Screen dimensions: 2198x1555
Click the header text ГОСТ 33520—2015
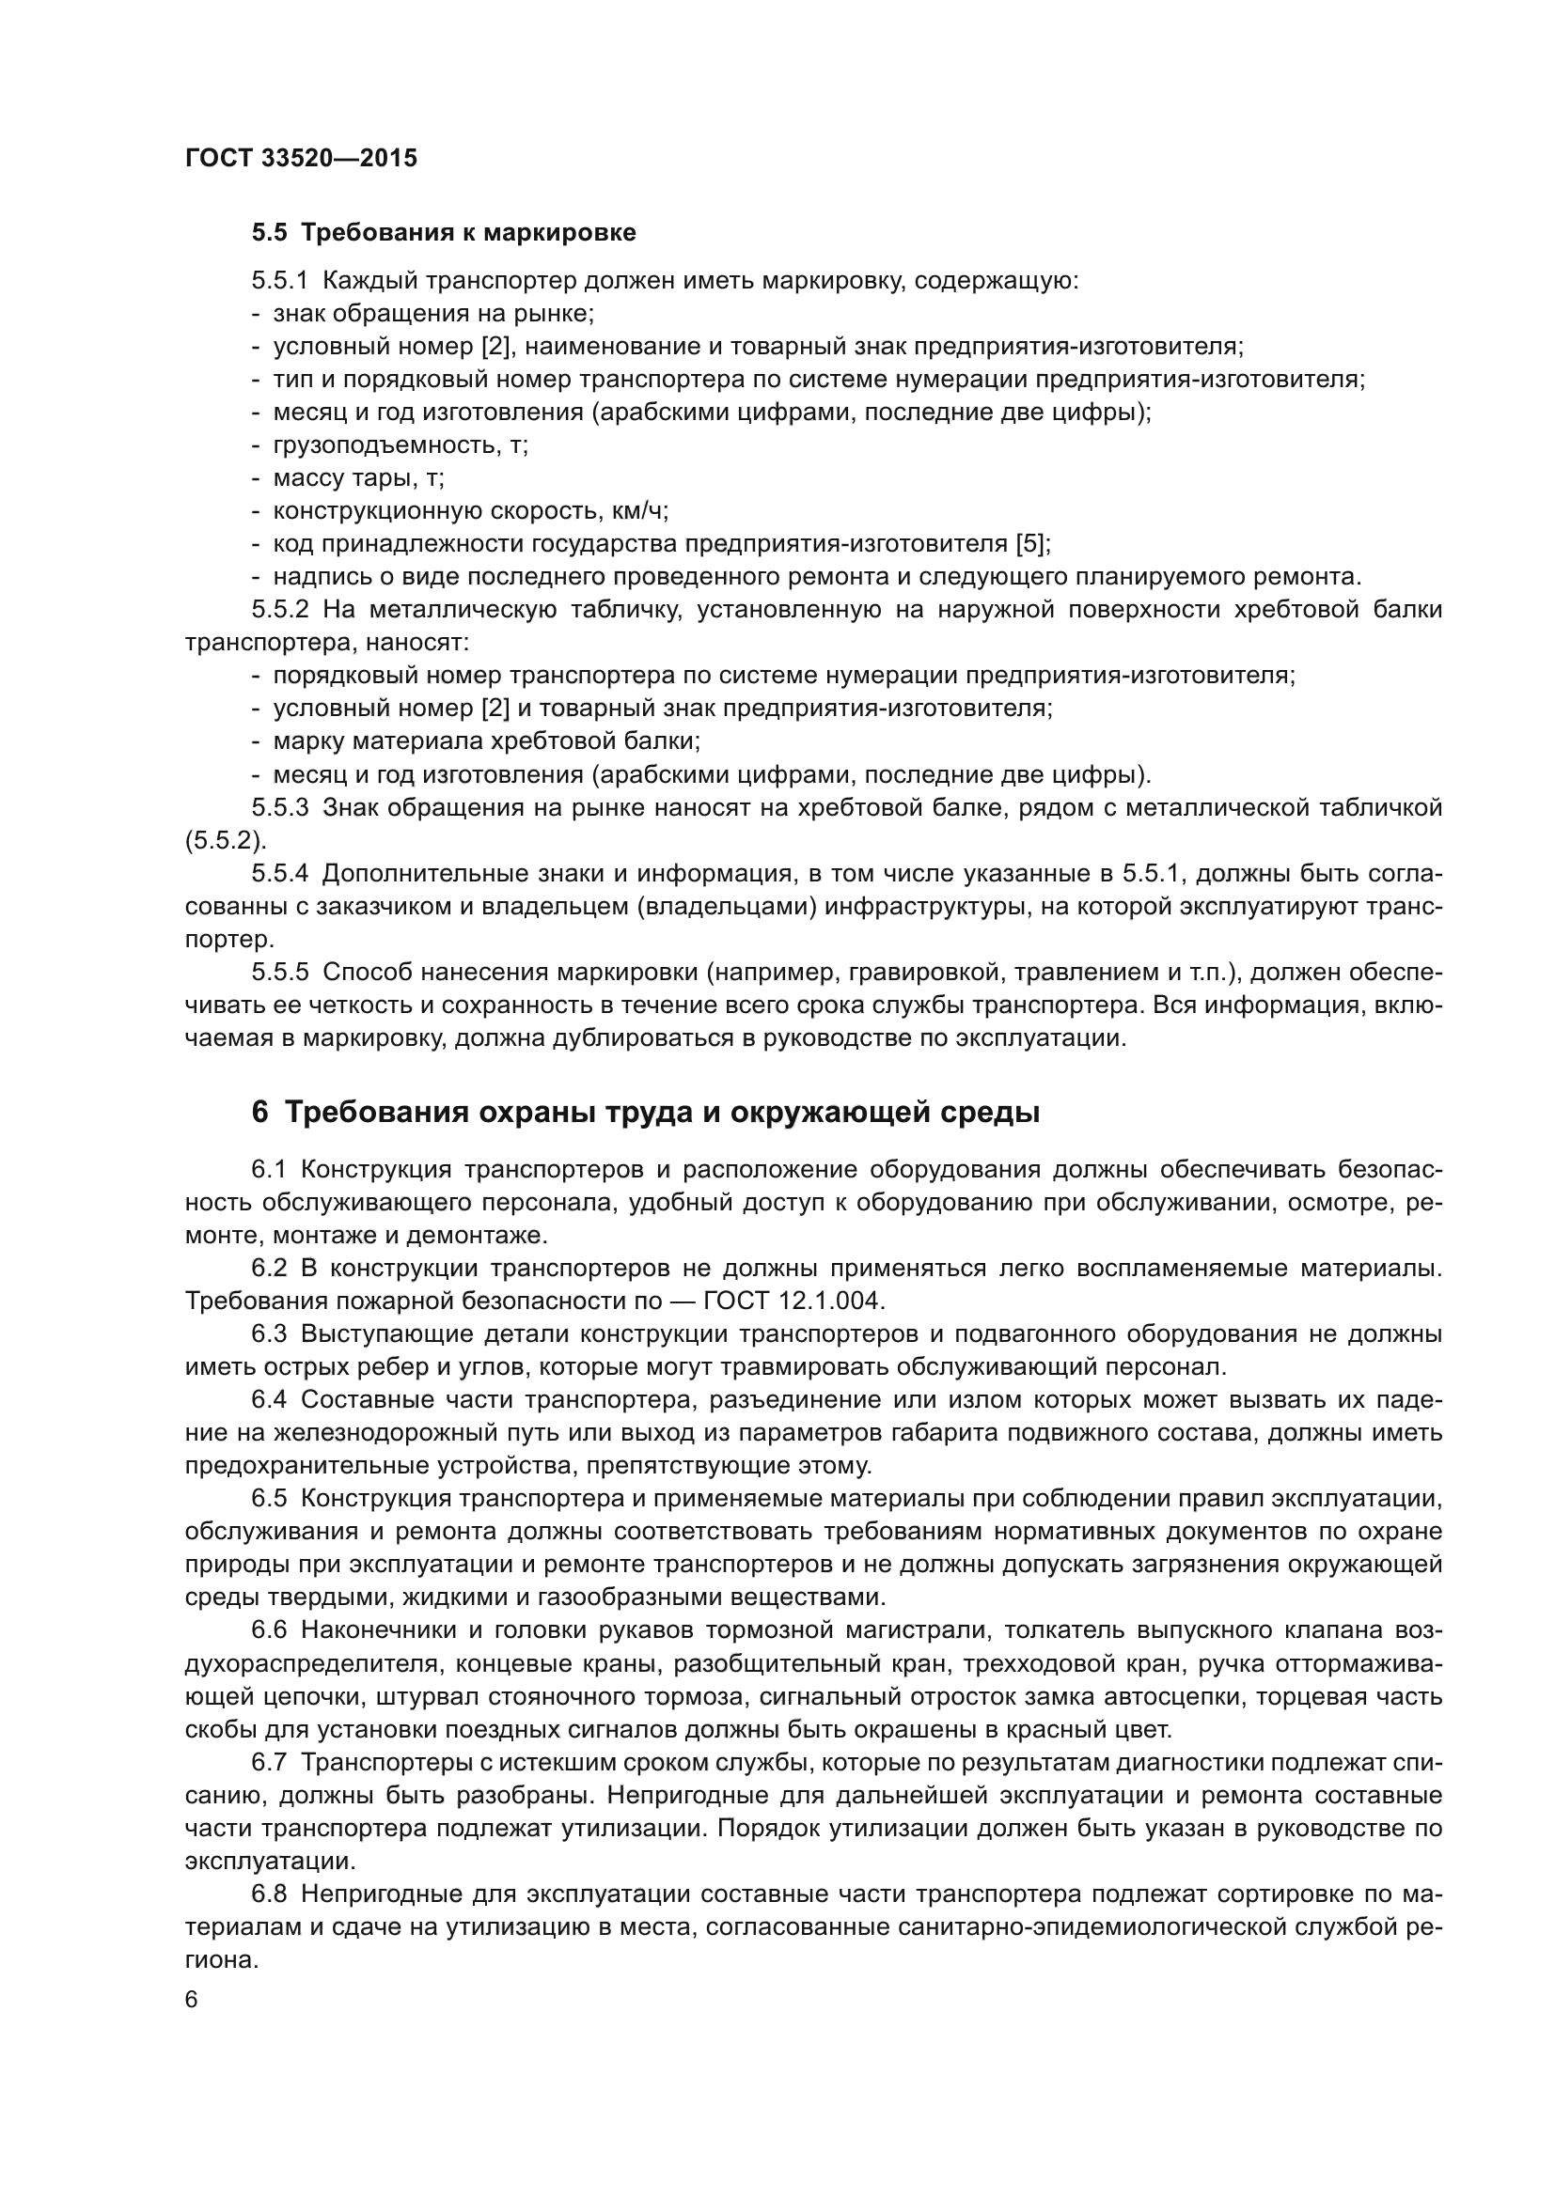click(301, 159)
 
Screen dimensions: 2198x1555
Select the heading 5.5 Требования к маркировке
click(444, 233)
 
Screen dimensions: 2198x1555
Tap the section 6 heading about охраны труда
click(645, 1114)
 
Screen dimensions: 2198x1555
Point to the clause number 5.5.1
click(279, 282)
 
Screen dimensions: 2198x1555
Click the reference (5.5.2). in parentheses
click(226, 840)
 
